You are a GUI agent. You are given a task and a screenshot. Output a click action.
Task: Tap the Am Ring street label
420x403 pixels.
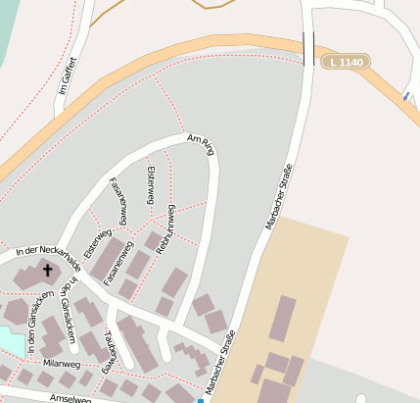(x=200, y=145)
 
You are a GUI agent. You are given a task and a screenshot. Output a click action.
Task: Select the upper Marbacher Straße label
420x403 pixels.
(x=279, y=195)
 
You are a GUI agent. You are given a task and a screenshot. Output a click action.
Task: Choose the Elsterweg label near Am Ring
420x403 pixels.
(x=150, y=184)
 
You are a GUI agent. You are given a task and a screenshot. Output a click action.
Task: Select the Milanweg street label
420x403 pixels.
(x=61, y=363)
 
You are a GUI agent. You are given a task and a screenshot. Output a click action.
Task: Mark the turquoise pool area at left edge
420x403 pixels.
(x=8, y=340)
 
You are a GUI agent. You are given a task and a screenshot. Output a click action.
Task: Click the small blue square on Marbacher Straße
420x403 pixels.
(x=201, y=400)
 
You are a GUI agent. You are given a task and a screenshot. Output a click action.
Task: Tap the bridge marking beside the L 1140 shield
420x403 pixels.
(x=309, y=47)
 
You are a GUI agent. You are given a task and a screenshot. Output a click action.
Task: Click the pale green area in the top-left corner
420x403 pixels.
(x=8, y=29)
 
